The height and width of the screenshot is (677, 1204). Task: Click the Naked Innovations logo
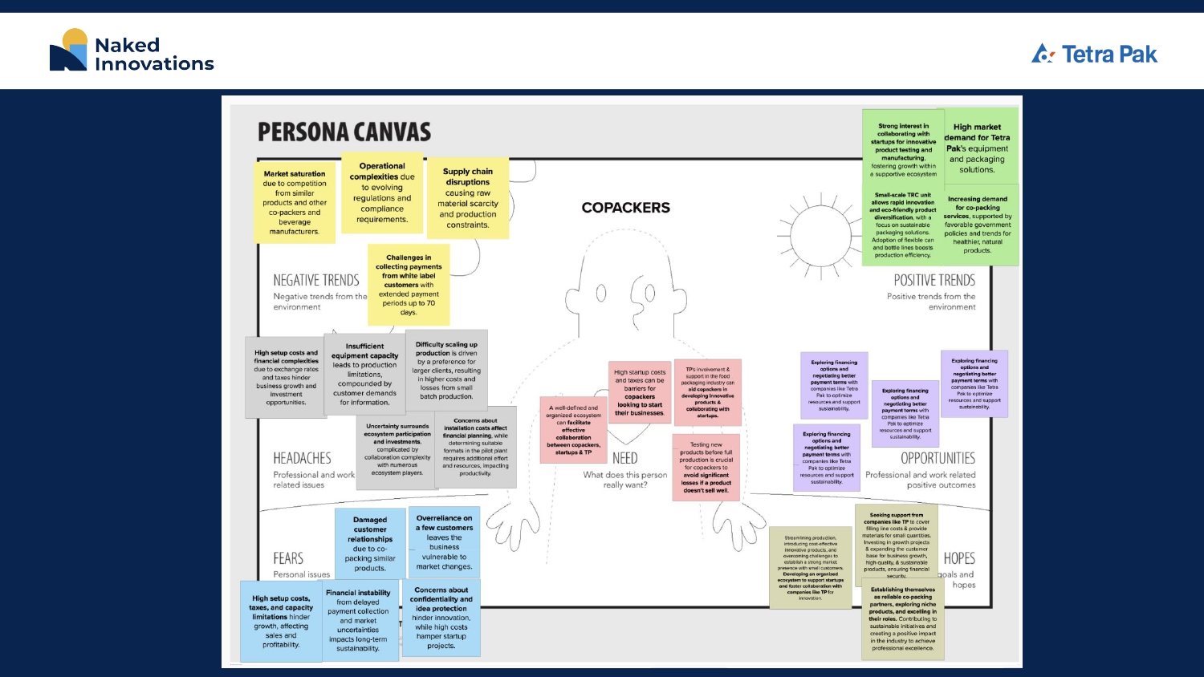(132, 51)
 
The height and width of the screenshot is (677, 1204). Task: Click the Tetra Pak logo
(1094, 54)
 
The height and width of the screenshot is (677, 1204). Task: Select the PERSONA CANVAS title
(344, 132)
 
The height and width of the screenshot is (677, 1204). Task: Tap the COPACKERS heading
(625, 208)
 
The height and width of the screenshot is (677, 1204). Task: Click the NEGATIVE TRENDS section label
(316, 280)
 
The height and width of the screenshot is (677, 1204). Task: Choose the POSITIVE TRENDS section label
(934, 280)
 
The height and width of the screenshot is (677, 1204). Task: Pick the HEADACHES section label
(302, 458)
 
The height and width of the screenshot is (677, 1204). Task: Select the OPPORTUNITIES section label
(938, 458)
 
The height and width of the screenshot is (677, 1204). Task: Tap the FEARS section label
(288, 558)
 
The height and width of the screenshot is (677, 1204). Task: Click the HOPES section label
(959, 558)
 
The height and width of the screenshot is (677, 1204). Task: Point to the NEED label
(624, 458)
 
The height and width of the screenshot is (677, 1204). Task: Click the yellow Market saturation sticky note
(295, 202)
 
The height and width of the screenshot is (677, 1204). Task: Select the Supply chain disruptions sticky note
(467, 197)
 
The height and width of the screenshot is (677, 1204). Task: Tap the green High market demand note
(977, 148)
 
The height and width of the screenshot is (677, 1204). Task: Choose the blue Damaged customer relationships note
(370, 544)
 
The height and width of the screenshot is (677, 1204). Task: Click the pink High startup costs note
(640, 392)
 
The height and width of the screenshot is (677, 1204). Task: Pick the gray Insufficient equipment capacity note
(364, 374)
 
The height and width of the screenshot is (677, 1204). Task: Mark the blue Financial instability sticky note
(358, 621)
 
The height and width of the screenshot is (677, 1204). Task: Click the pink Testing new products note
(706, 467)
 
